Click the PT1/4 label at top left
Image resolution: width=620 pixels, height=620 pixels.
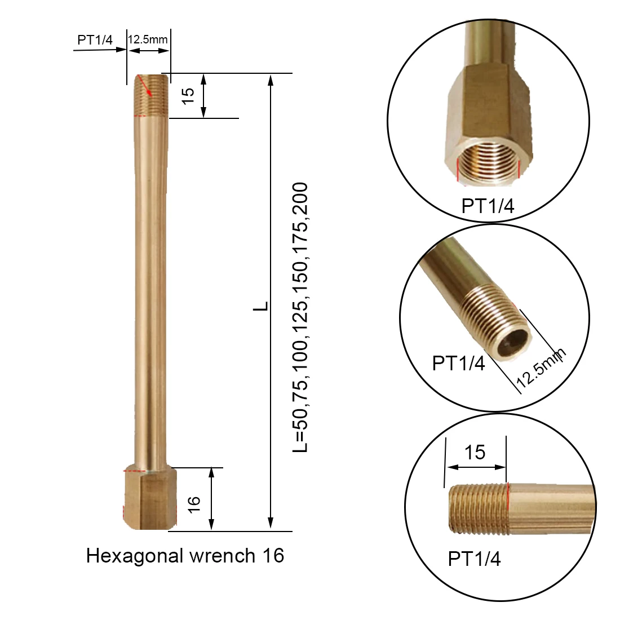click(95, 39)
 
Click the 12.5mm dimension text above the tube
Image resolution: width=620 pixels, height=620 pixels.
click(148, 39)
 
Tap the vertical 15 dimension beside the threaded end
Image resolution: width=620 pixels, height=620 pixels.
click(189, 95)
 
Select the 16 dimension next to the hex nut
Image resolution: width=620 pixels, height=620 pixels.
click(193, 503)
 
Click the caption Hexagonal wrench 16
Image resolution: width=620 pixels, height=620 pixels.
click(185, 556)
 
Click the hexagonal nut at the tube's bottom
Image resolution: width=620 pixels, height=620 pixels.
click(149, 501)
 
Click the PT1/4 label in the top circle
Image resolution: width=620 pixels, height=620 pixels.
click(488, 206)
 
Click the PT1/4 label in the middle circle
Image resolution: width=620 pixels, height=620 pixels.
click(458, 362)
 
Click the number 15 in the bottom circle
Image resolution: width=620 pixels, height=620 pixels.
click(475, 451)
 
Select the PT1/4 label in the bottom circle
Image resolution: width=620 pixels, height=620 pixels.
click(474, 559)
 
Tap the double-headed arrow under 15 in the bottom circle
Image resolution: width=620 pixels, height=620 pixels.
click(476, 467)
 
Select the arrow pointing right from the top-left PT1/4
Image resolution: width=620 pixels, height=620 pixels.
click(99, 50)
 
